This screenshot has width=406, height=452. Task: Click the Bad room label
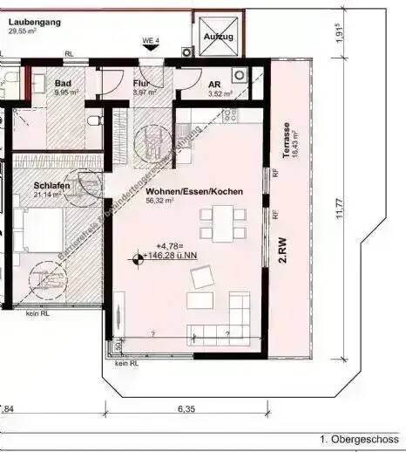click(x=63, y=83)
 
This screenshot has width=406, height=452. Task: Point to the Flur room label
click(x=139, y=84)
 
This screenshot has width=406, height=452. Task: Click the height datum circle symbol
click(x=138, y=258)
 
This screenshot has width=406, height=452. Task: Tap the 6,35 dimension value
click(x=186, y=407)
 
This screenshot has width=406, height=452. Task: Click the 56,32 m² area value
click(x=160, y=200)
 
